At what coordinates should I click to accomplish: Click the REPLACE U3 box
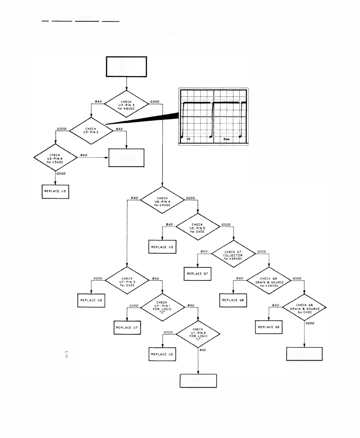55,192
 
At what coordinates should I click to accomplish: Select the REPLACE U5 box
162,247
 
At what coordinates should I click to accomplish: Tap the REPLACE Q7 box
197,274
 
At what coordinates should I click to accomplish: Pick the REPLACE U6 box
91,300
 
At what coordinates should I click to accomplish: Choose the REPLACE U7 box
127,328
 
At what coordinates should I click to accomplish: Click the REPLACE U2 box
162,354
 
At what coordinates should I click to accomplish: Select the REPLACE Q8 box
233,300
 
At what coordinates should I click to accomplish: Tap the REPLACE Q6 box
269,327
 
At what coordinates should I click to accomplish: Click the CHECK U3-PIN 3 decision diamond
126,104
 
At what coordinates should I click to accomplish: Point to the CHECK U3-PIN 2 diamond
91,130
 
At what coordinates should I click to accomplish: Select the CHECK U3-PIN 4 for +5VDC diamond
55,158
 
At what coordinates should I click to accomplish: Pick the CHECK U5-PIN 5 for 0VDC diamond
198,227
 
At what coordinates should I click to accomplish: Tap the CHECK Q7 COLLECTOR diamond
233,254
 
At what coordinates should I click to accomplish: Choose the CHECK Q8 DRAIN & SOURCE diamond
269,281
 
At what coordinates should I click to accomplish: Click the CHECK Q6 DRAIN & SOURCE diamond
304,308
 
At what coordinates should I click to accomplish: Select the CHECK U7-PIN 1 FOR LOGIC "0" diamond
162,307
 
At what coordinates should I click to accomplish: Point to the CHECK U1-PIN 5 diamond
198,334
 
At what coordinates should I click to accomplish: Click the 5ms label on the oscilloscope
227,139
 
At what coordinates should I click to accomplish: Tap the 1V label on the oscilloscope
188,139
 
